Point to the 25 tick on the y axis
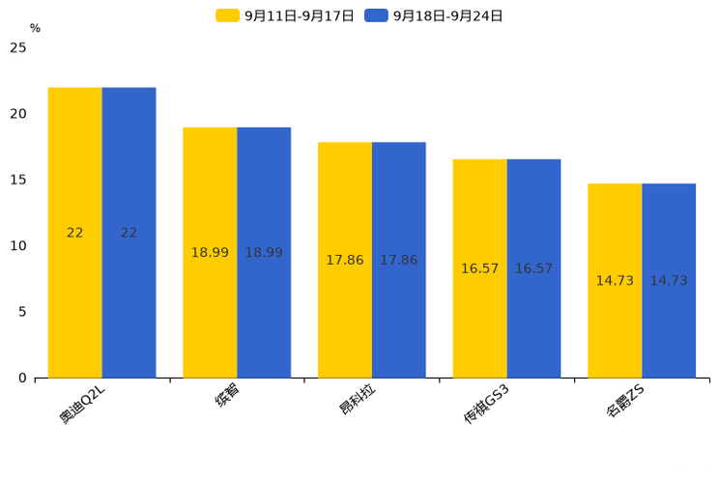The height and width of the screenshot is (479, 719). coord(18,48)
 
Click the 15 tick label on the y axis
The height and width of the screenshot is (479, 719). coord(18,181)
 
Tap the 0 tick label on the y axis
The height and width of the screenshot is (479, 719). coord(22,379)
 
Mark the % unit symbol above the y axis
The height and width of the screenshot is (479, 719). coord(35,29)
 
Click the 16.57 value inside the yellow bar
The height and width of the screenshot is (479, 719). coord(479,268)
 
